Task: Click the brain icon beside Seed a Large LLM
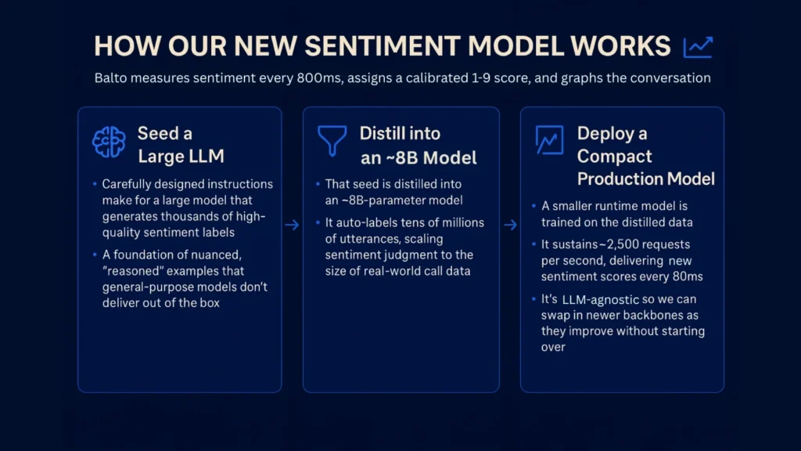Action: click(109, 143)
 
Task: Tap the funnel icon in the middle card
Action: click(332, 141)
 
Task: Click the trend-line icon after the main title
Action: click(698, 47)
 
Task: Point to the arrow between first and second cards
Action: click(292, 225)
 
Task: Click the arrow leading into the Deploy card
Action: click(510, 225)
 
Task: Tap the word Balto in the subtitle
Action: click(111, 78)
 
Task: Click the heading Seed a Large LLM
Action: click(180, 144)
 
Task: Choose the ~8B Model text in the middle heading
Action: click(418, 157)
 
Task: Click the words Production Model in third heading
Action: click(645, 179)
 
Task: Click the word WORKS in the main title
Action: click(626, 46)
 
